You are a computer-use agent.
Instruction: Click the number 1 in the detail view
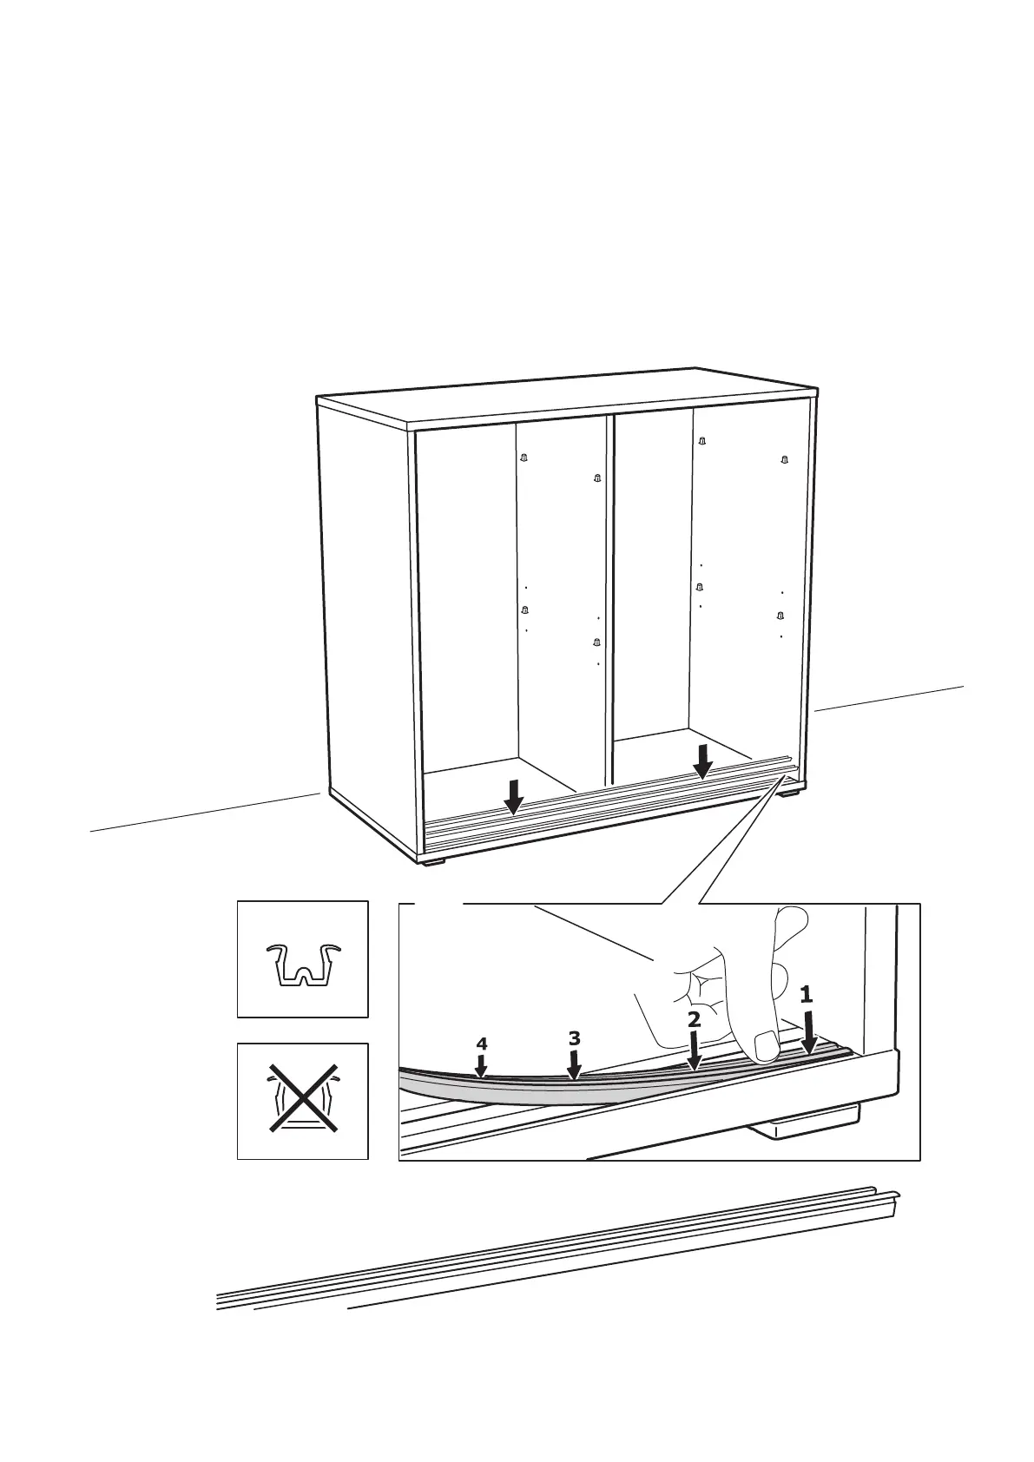point(806,994)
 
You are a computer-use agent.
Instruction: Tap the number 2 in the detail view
point(694,1020)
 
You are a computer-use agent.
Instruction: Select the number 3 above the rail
point(573,1037)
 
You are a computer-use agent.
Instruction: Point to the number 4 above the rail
point(482,1044)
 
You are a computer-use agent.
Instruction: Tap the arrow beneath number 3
point(573,1064)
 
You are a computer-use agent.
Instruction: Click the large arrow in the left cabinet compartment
point(515,796)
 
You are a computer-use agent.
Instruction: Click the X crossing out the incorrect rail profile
point(302,1100)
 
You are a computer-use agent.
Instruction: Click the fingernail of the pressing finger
point(766,1045)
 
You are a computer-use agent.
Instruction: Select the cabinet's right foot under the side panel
point(789,791)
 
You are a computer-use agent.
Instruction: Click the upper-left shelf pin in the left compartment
point(524,458)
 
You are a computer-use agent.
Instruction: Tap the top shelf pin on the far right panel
point(784,458)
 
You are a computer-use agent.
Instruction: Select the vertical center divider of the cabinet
point(610,590)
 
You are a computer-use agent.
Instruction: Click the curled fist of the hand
point(695,990)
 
